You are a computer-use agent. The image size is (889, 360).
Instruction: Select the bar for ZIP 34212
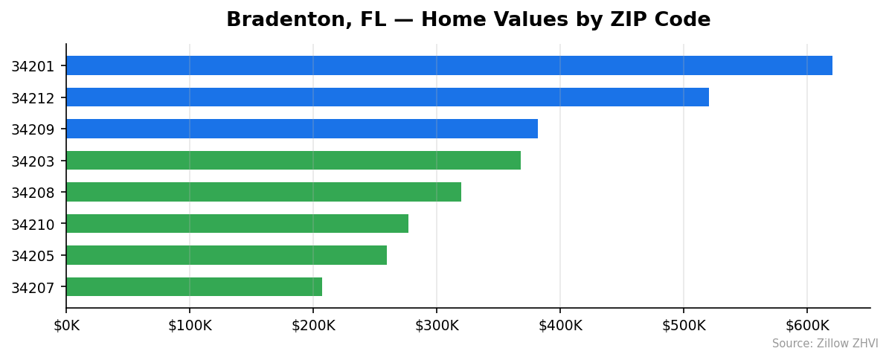pos(387,97)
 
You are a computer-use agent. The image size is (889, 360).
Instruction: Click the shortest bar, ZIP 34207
pos(193,287)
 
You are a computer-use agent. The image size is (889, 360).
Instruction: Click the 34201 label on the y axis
pos(33,66)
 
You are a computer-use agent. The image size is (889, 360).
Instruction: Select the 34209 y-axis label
pos(33,129)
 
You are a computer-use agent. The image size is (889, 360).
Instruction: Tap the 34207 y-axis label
pos(33,288)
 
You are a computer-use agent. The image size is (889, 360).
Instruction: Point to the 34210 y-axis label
pos(33,225)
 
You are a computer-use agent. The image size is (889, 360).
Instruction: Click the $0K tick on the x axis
pos(66,326)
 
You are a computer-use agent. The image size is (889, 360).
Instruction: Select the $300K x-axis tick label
pos(437,326)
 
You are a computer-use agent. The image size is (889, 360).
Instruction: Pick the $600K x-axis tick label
pos(807,326)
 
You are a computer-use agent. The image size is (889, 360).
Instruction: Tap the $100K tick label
pos(190,326)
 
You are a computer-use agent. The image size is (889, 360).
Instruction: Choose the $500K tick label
pos(684,326)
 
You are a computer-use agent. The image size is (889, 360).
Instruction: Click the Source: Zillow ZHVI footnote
pos(824,344)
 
